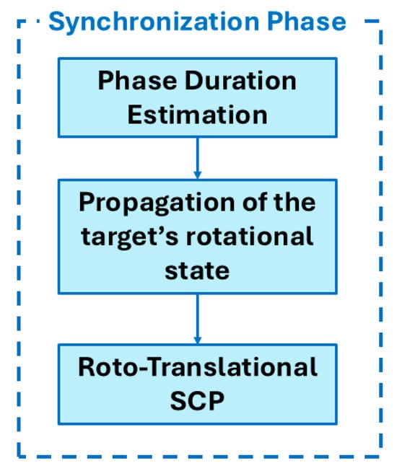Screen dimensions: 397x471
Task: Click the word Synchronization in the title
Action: coord(154,22)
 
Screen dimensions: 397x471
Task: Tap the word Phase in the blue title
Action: coord(307,22)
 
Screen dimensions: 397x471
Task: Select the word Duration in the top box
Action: coord(240,81)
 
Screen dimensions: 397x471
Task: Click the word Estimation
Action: coord(198,115)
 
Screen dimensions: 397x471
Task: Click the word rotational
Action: coord(250,236)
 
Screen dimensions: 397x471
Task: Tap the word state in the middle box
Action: coord(198,271)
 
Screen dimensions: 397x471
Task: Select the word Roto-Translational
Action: coord(198,367)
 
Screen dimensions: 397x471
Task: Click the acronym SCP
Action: coord(198,401)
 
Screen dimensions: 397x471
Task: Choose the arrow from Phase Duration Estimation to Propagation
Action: coord(198,158)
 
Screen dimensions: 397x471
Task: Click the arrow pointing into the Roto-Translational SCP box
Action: coord(198,319)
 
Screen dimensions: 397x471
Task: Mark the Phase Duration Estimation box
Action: coord(198,97)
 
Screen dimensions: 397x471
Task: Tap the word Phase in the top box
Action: coord(137,81)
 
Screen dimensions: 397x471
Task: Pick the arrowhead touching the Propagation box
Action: coord(198,175)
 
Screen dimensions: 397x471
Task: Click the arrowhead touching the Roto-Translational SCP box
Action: coord(198,340)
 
